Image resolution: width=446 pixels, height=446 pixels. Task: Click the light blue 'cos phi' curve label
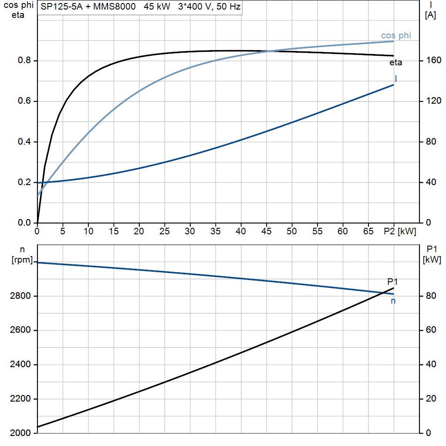tap(396, 35)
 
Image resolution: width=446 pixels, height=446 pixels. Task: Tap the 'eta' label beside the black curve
tap(395, 63)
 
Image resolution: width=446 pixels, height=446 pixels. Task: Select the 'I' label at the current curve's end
tap(395, 78)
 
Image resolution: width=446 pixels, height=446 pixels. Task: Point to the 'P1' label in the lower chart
tap(392, 282)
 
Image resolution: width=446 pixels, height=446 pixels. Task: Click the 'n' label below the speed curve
tap(393, 301)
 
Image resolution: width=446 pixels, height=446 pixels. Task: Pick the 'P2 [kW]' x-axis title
tap(400, 231)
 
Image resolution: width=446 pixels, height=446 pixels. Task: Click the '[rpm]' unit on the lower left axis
tap(22, 260)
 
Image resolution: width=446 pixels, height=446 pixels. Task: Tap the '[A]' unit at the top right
tap(430, 15)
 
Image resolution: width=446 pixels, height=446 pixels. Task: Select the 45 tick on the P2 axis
tap(266, 231)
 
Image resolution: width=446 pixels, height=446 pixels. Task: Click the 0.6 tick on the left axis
tap(24, 101)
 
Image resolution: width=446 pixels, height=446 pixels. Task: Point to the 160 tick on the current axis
tap(433, 60)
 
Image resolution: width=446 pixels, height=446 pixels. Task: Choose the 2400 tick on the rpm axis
tap(20, 364)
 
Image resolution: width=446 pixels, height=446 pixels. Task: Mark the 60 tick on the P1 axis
tap(431, 330)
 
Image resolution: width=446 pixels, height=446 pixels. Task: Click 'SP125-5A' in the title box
tap(61, 7)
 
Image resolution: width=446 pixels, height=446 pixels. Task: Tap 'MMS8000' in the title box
tap(115, 7)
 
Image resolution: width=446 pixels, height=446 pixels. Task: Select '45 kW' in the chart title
tap(157, 7)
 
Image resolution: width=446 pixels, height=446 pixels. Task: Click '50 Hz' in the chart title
tap(228, 7)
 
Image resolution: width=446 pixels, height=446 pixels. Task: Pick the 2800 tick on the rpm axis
tap(20, 296)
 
